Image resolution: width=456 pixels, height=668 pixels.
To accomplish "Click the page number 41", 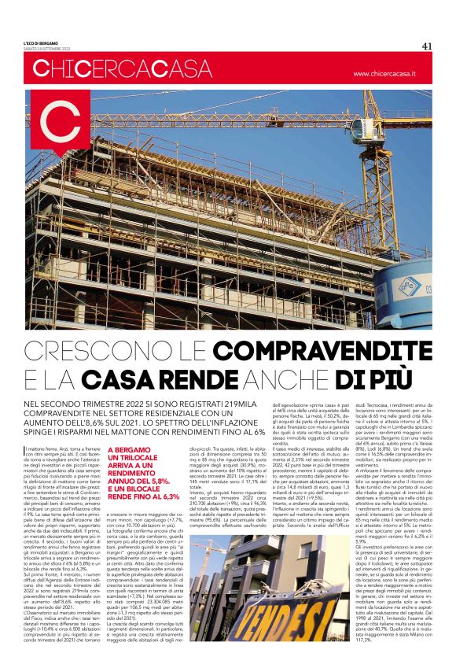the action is tap(427, 46).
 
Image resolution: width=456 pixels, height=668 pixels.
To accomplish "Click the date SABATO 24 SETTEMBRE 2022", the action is tap(48, 50).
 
